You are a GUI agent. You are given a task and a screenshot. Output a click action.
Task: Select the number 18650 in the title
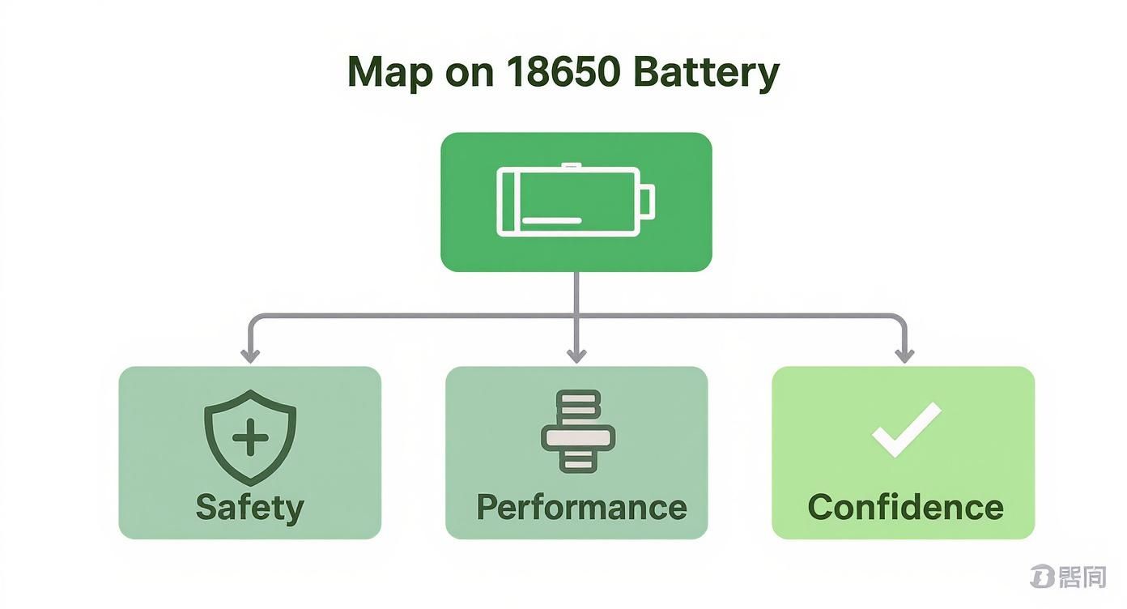563,72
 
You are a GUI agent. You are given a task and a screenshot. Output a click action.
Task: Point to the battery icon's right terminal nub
648,201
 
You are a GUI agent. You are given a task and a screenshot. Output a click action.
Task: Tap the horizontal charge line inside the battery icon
551,220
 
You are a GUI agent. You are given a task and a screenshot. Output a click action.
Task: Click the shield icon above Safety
250,437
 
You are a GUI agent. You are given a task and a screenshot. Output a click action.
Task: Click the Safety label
250,508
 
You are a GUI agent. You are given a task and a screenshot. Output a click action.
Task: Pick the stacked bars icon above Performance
577,431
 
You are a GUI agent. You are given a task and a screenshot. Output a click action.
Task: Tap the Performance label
581,508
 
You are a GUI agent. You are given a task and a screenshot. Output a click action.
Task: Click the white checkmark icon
906,429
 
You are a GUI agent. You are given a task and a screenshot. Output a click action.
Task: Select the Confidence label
905,508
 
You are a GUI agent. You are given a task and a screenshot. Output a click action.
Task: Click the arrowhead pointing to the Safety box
251,356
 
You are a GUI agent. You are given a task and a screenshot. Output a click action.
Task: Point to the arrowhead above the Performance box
576,356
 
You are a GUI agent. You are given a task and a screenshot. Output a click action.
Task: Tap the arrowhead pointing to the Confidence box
905,356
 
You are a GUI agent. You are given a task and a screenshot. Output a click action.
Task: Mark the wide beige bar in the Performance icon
577,438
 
